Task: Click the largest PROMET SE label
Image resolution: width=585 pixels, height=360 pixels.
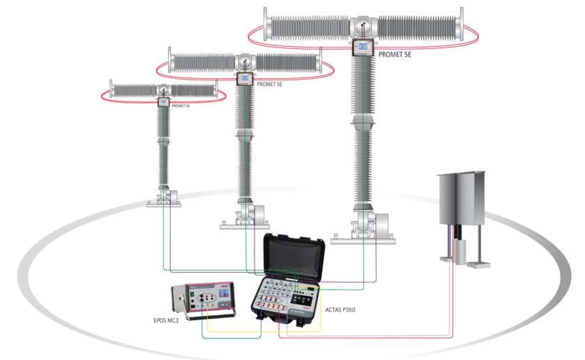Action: tap(395, 55)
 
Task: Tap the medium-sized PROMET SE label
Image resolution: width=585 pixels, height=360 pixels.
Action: tap(269, 84)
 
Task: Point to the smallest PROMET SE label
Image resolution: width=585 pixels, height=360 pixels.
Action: tap(181, 106)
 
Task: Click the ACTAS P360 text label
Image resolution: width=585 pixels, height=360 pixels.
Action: tap(340, 310)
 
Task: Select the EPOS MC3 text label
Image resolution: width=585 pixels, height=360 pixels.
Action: tap(166, 321)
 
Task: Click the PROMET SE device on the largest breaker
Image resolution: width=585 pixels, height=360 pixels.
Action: tap(363, 47)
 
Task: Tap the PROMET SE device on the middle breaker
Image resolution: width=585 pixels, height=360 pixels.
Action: tap(245, 78)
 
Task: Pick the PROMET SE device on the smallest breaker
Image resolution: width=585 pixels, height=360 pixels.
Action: tap(163, 102)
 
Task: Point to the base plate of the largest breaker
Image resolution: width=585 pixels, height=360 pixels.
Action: tap(363, 241)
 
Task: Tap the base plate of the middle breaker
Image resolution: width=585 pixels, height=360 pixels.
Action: tap(245, 227)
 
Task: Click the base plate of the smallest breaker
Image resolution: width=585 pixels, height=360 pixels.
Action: tap(163, 204)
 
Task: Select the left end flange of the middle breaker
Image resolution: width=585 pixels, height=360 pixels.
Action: tap(170, 59)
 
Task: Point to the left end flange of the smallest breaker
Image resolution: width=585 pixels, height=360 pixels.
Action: tap(111, 88)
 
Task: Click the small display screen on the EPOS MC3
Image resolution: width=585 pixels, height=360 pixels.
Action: tap(223, 293)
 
